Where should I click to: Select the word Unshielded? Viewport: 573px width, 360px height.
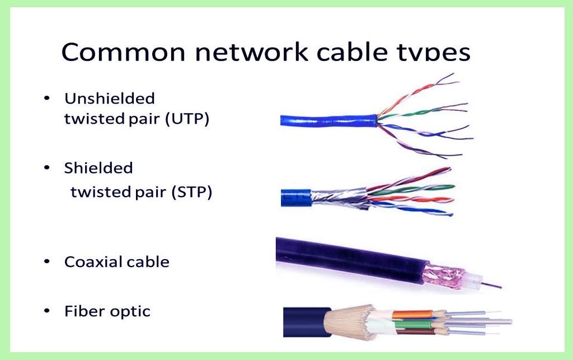(110, 99)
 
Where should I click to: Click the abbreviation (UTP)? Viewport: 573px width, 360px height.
(187, 119)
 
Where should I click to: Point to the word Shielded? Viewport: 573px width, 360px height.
(98, 168)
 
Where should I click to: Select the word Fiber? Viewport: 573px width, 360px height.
(82, 311)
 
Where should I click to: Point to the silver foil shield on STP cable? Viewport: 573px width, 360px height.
(336, 196)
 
